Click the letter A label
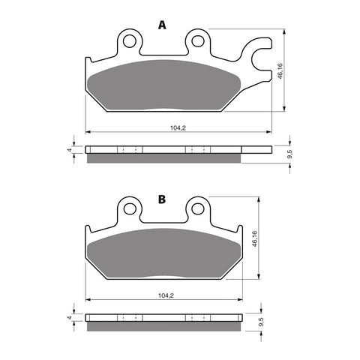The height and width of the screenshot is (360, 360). click(161, 25)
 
